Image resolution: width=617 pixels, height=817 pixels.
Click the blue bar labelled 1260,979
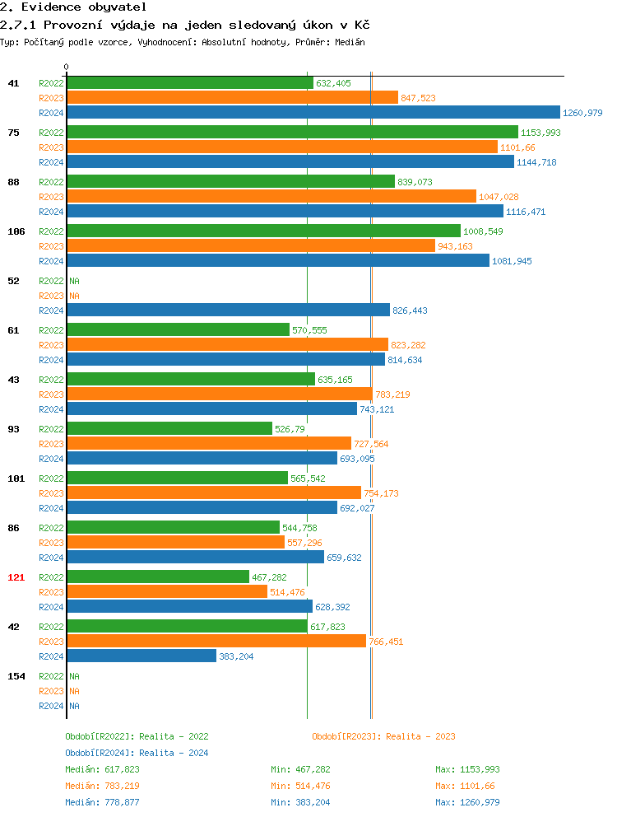[313, 113]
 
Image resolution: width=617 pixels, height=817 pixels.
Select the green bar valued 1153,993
[292, 133]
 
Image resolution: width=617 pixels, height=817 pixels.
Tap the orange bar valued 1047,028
[271, 197]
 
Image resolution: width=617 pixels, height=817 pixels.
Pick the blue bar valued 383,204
[141, 656]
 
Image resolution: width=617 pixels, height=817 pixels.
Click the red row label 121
[16, 577]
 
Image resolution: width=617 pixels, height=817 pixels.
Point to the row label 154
[16, 676]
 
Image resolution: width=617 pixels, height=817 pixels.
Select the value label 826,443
[410, 310]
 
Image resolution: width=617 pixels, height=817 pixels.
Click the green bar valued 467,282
[158, 577]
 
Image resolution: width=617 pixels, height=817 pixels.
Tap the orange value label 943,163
[455, 246]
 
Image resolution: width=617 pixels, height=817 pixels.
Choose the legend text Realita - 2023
[420, 736]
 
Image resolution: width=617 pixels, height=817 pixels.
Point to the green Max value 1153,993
[467, 769]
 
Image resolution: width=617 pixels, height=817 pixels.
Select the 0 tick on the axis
[67, 67]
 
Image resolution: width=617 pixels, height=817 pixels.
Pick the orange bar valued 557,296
[175, 543]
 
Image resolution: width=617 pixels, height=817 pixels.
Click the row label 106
[16, 231]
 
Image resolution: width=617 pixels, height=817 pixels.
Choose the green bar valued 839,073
[230, 182]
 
